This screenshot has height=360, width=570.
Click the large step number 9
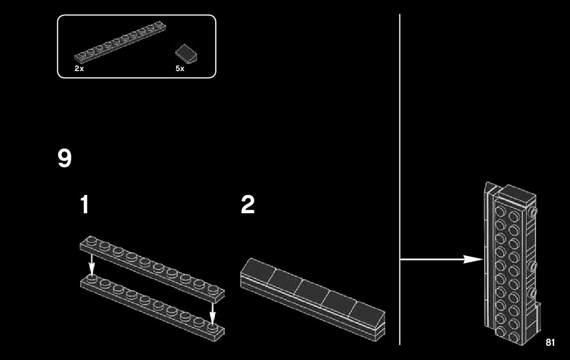64,159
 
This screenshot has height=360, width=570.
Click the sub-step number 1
85,205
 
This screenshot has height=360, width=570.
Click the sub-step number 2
248,205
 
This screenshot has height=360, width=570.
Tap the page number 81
550,342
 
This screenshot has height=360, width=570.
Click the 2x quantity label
79,69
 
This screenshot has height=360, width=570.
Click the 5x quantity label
180,69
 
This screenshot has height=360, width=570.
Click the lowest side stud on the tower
533,292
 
